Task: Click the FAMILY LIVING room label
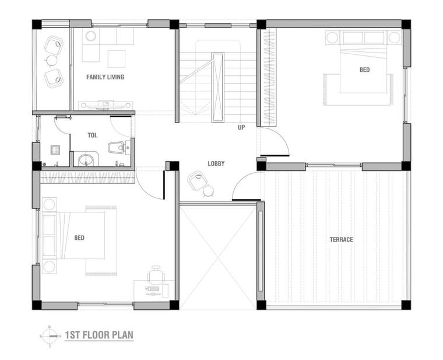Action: pos(105,77)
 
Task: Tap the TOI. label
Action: pos(92,135)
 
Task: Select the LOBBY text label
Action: pos(216,163)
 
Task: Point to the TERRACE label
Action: pos(342,240)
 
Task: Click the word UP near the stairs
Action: pos(241,127)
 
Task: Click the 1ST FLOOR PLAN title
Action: pos(99,335)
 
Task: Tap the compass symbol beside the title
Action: pos(50,336)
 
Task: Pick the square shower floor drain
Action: pos(55,150)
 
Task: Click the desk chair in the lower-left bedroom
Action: pos(156,275)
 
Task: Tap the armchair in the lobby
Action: pos(197,181)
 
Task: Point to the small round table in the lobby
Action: pos(209,191)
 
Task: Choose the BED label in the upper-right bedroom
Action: pos(364,70)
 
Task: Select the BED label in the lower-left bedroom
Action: pos(79,238)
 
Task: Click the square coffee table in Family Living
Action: pos(117,59)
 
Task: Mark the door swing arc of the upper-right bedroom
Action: pos(280,137)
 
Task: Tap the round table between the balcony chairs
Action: pos(52,60)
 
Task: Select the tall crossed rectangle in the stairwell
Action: pos(218,87)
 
